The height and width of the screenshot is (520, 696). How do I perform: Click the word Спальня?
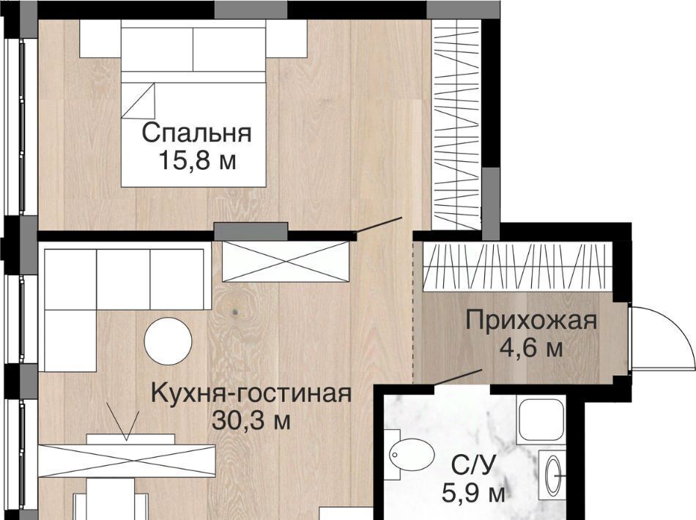(x=196, y=133)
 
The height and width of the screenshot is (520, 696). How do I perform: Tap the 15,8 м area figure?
(x=196, y=161)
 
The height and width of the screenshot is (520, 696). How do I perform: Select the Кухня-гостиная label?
(x=251, y=393)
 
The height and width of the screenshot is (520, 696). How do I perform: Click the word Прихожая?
(x=531, y=321)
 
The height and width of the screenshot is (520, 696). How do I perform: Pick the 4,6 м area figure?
(x=531, y=348)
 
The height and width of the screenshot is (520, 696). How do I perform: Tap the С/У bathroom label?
(x=473, y=467)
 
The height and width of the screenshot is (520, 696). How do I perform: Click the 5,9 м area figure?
(x=473, y=493)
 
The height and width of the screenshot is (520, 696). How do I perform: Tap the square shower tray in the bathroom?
(x=541, y=420)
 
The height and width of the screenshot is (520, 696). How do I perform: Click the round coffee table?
(x=169, y=341)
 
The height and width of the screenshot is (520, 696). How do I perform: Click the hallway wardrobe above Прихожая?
(x=517, y=267)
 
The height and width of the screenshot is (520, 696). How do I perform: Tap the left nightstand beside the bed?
(x=100, y=40)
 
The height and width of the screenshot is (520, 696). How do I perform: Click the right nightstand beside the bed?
(x=286, y=40)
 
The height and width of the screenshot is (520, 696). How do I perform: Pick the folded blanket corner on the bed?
(x=139, y=101)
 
